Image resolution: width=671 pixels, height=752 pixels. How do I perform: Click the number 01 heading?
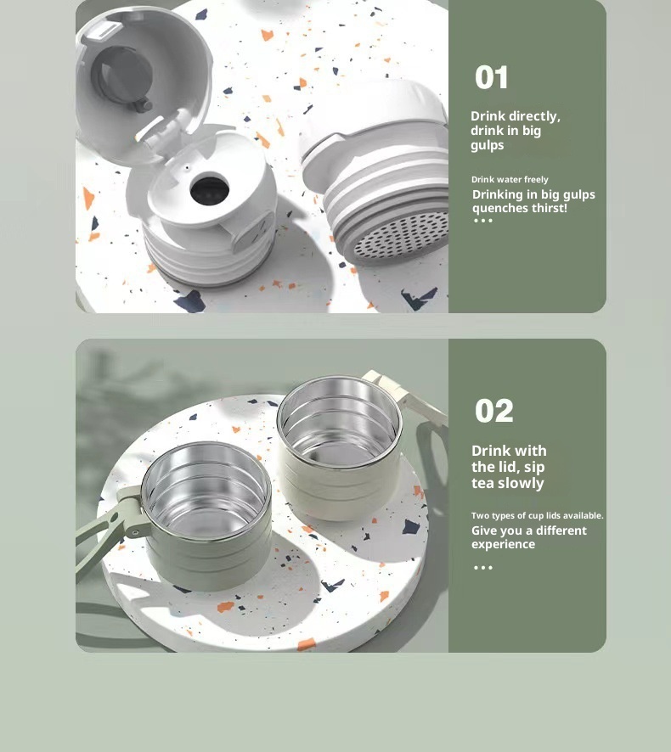click(492, 78)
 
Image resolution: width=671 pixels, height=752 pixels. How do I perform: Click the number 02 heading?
click(493, 412)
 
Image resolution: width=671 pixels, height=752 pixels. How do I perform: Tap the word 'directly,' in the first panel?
click(534, 116)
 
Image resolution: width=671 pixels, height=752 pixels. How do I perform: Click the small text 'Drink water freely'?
click(510, 180)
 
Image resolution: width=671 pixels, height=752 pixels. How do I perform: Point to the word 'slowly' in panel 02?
click(520, 483)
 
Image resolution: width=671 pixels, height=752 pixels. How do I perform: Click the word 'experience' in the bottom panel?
click(503, 544)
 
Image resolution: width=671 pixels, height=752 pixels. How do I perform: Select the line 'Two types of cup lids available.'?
click(537, 515)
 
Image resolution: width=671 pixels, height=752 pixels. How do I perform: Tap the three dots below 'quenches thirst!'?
click(482, 221)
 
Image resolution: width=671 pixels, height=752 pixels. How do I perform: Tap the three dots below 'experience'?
click(482, 567)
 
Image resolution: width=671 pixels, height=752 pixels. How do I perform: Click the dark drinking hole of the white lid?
click(206, 190)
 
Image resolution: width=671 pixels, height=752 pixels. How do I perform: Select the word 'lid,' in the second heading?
click(529, 467)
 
